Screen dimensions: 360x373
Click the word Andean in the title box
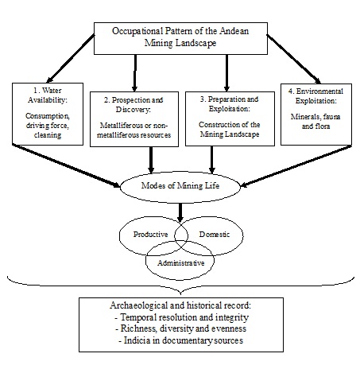point(234,31)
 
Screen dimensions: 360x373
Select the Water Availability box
point(48,114)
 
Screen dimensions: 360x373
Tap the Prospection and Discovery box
point(134,119)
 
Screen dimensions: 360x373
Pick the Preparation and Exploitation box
point(230,119)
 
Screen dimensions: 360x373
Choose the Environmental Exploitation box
point(316,115)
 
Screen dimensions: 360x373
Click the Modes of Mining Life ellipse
point(180,187)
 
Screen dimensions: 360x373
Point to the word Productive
point(150,235)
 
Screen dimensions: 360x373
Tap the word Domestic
point(215,235)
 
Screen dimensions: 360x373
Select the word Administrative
point(181,263)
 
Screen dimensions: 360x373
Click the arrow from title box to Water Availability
point(71,59)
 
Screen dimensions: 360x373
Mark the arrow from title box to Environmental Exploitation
point(294,59)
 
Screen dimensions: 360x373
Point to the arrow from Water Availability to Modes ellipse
point(66,165)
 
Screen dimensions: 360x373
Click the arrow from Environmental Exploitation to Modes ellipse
point(296,165)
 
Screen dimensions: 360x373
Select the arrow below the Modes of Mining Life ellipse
point(180,212)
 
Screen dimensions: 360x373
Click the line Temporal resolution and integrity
point(182,317)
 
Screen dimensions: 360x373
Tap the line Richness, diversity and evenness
point(181,328)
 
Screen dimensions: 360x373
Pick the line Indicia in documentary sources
point(181,340)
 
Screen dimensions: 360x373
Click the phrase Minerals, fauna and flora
point(315,122)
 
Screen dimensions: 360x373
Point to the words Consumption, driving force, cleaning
point(48,126)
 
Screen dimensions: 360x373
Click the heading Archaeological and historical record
point(180,305)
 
